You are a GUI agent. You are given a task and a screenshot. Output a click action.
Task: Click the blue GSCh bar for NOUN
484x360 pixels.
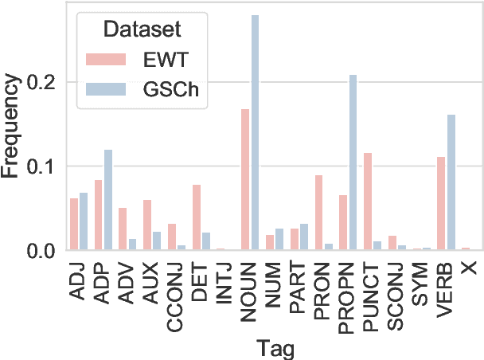click(255, 133)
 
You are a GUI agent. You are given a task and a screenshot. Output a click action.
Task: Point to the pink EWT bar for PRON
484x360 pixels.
click(318, 213)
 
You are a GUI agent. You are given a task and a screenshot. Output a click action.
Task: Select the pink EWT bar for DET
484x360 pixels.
click(197, 217)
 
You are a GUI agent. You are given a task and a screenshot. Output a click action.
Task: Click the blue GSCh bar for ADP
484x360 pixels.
click(108, 200)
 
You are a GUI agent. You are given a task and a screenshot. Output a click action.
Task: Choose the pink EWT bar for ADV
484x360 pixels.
click(123, 229)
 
